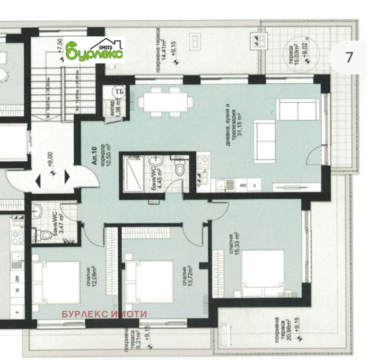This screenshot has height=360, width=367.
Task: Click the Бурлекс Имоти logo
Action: point(95,50)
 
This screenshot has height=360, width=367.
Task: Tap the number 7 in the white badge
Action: point(349,57)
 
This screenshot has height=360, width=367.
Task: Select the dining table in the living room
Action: point(166,102)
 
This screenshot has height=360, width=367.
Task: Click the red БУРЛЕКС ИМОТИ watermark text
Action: point(105,314)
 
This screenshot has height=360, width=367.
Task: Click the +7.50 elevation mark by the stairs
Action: point(60,49)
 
